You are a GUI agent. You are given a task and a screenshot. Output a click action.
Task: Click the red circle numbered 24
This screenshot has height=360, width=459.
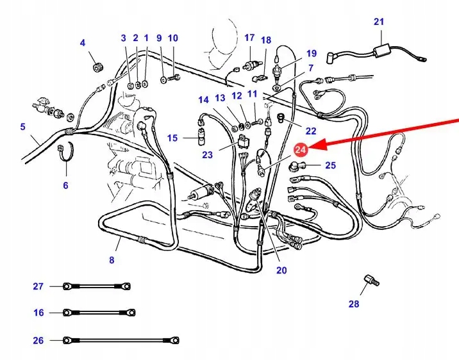[x=301, y=149]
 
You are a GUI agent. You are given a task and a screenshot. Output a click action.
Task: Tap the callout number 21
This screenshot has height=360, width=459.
[x=379, y=22]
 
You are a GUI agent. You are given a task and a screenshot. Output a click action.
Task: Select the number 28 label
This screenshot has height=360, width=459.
[x=354, y=304]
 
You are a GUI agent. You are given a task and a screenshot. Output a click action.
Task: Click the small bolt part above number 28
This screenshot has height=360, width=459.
[x=369, y=281]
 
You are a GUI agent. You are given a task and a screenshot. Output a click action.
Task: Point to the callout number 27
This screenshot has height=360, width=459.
[x=38, y=286]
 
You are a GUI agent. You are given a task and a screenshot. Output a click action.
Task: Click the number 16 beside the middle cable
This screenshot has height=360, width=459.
[x=38, y=313]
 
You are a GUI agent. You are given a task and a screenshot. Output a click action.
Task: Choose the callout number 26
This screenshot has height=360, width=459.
[x=38, y=340]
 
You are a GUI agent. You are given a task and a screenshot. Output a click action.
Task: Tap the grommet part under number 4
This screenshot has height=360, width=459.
[x=97, y=66]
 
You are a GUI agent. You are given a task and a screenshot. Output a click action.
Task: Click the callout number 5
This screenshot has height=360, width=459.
[x=22, y=127]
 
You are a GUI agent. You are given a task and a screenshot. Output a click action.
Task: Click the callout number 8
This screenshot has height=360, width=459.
[x=112, y=259]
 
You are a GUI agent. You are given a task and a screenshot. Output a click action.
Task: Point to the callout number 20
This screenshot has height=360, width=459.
[x=281, y=270]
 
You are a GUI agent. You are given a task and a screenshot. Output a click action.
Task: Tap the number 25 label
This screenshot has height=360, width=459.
[x=330, y=165]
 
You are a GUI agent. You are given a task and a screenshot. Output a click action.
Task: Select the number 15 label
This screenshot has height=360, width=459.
[x=172, y=138]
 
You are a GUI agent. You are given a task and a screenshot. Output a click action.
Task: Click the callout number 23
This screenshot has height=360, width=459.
[x=207, y=154]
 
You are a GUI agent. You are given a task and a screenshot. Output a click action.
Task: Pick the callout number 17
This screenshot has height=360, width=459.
[x=249, y=38]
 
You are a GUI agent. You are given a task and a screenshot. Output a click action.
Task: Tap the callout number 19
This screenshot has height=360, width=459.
[x=311, y=53]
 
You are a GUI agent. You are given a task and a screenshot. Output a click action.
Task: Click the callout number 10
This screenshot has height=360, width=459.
[x=172, y=38]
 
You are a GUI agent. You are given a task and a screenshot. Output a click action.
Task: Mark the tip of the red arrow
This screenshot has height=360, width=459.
[x=312, y=147]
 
